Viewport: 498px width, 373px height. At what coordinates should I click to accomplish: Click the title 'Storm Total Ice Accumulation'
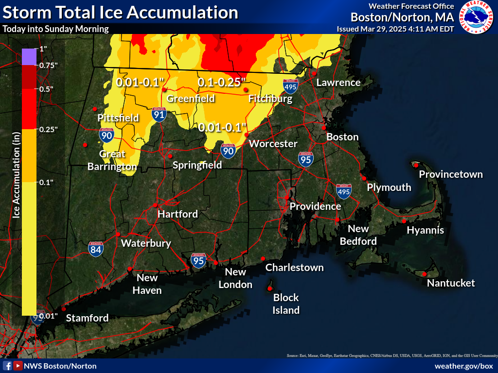tap(120, 12)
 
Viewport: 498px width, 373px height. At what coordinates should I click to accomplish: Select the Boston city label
tap(342, 137)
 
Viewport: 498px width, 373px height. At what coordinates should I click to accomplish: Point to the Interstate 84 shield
tap(96, 249)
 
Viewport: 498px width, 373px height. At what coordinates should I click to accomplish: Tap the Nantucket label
tap(451, 283)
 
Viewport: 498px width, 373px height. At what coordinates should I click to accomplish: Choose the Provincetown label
tap(451, 174)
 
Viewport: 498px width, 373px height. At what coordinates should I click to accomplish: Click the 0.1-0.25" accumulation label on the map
tap(222, 83)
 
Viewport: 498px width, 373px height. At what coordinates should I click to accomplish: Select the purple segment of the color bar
tap(29, 57)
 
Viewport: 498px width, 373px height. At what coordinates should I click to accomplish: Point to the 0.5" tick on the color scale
tap(46, 89)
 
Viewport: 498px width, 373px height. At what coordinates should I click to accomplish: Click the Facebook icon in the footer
tap(7, 366)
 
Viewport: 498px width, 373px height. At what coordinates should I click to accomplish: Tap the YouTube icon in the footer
tap(18, 366)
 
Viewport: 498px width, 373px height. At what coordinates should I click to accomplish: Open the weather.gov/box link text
tap(463, 366)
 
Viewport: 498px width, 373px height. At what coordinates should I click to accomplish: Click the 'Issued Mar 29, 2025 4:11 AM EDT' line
tap(395, 29)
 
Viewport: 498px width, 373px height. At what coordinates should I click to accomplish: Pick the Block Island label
tap(286, 304)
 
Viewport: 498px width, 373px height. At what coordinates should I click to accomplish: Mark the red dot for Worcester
tap(247, 135)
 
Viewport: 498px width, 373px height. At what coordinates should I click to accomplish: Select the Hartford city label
tap(178, 214)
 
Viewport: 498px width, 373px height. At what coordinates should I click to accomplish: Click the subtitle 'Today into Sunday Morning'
tap(55, 29)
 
